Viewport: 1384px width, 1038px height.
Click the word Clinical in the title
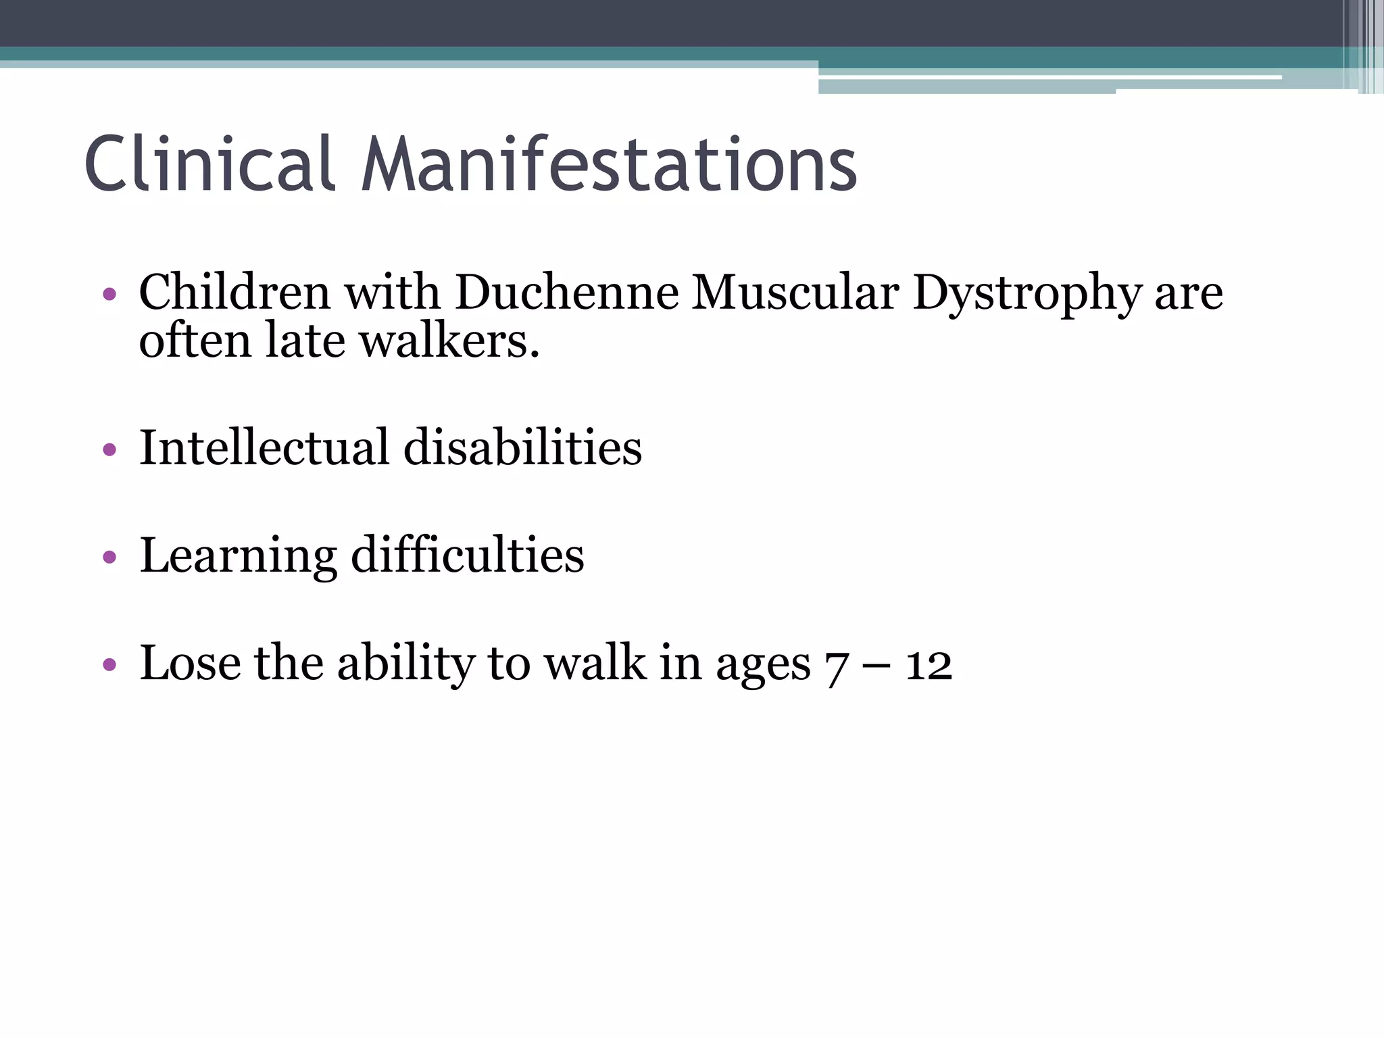(209, 164)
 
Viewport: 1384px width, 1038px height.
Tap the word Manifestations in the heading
(608, 164)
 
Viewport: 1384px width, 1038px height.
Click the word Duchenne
(566, 293)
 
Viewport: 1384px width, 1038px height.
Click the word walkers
(449, 341)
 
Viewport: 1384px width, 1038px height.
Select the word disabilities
(522, 447)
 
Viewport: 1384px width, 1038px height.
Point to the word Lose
(190, 663)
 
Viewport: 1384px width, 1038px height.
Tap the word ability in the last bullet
(406, 664)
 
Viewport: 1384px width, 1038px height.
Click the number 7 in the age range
(837, 666)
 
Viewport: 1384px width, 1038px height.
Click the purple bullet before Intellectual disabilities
(109, 449)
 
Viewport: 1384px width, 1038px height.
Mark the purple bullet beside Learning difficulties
(109, 558)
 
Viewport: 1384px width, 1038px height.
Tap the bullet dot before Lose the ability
(109, 665)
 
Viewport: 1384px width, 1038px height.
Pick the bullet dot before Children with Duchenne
(109, 295)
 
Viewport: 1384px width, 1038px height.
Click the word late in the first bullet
(305, 341)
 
